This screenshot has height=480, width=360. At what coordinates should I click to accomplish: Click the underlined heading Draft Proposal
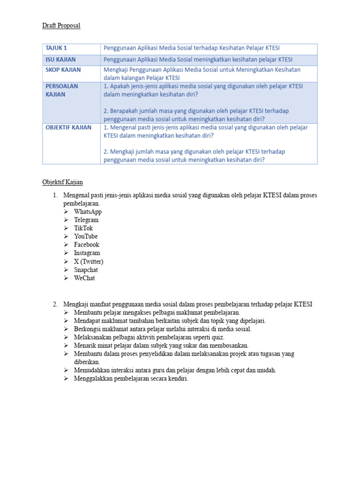(x=61, y=25)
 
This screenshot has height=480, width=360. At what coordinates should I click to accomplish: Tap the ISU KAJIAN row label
(x=60, y=60)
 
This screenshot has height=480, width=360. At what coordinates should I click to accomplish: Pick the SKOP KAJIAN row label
(x=63, y=70)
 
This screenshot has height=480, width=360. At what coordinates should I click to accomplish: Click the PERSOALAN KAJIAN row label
(x=62, y=90)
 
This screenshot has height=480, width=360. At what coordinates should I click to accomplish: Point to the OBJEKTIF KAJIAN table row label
(x=68, y=127)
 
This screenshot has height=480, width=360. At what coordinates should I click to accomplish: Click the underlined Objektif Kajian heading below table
(x=62, y=182)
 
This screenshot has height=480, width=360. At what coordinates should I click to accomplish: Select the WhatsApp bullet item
(x=88, y=212)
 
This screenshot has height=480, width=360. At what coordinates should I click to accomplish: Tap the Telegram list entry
(x=86, y=220)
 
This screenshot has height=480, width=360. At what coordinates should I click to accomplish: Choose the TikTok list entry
(x=83, y=228)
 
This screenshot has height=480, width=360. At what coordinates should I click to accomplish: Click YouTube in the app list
(x=86, y=236)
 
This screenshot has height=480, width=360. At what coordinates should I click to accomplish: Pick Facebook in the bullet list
(x=87, y=245)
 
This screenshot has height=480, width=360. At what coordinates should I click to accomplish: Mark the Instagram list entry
(x=87, y=253)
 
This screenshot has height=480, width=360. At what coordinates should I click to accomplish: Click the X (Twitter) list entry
(x=89, y=262)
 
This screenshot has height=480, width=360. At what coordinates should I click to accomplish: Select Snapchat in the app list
(x=86, y=270)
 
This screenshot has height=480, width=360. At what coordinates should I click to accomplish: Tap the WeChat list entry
(x=84, y=278)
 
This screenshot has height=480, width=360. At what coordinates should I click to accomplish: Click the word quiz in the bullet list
(x=217, y=337)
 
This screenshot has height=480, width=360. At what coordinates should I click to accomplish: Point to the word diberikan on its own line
(x=87, y=362)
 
